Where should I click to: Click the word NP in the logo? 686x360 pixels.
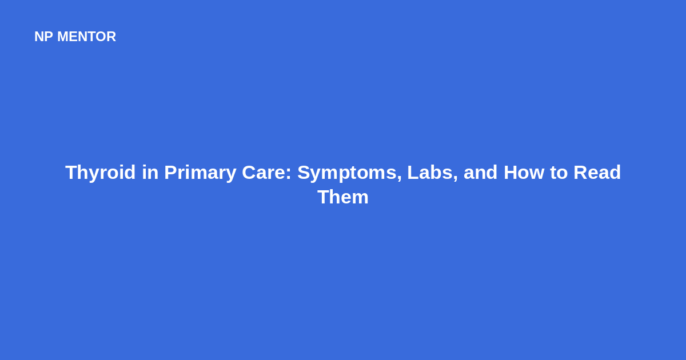[43, 37]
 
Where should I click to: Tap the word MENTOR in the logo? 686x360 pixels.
[87, 37]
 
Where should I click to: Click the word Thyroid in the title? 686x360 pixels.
[100, 173]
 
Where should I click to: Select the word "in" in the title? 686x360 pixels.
[150, 173]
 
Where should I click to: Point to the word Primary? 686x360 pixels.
[200, 173]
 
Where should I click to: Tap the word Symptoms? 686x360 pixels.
[348, 173]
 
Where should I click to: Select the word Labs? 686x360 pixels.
[430, 173]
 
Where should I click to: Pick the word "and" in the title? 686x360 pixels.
[481, 173]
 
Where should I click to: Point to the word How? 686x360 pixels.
[524, 173]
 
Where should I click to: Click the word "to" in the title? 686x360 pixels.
[559, 173]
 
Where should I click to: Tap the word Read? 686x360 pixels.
[597, 173]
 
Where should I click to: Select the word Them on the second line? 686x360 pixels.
[343, 197]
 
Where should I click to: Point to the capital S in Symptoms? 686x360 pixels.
[304, 173]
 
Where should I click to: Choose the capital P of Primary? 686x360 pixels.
[170, 173]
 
